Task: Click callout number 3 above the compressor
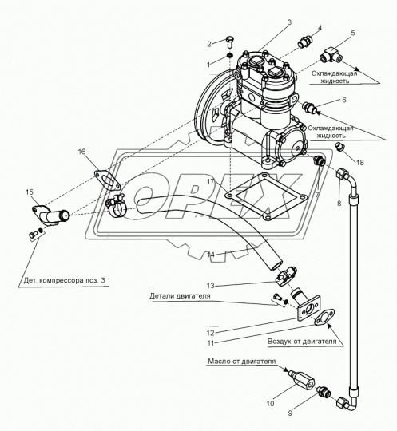(x=289, y=22)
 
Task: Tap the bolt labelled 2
(x=229, y=42)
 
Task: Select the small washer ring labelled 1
(x=230, y=56)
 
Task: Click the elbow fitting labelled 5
(x=331, y=56)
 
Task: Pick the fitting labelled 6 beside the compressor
(x=309, y=107)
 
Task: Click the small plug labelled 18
(x=340, y=147)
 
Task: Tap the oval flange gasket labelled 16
(x=107, y=180)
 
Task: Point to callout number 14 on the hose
(x=211, y=255)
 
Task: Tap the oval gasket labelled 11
(x=324, y=317)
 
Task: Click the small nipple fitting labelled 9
(x=324, y=391)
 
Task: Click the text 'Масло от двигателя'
(x=241, y=361)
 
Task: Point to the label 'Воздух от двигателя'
(x=302, y=342)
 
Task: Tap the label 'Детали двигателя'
(x=180, y=296)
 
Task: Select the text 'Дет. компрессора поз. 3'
(x=65, y=281)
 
